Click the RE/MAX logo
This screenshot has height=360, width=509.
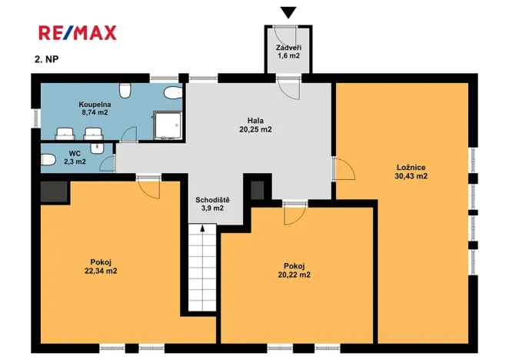tap(78, 32)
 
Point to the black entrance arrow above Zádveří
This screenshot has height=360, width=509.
tap(288, 12)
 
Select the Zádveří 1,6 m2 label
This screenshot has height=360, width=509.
tap(288, 52)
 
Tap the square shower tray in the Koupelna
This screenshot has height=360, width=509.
tap(168, 123)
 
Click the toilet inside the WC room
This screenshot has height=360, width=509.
tap(48, 159)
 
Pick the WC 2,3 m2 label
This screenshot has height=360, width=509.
tap(75, 158)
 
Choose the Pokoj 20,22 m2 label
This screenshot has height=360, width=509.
tap(294, 270)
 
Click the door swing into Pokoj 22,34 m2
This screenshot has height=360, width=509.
tap(147, 187)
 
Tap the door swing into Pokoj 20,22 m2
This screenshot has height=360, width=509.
tap(293, 213)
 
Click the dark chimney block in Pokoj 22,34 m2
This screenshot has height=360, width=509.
tap(54, 190)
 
